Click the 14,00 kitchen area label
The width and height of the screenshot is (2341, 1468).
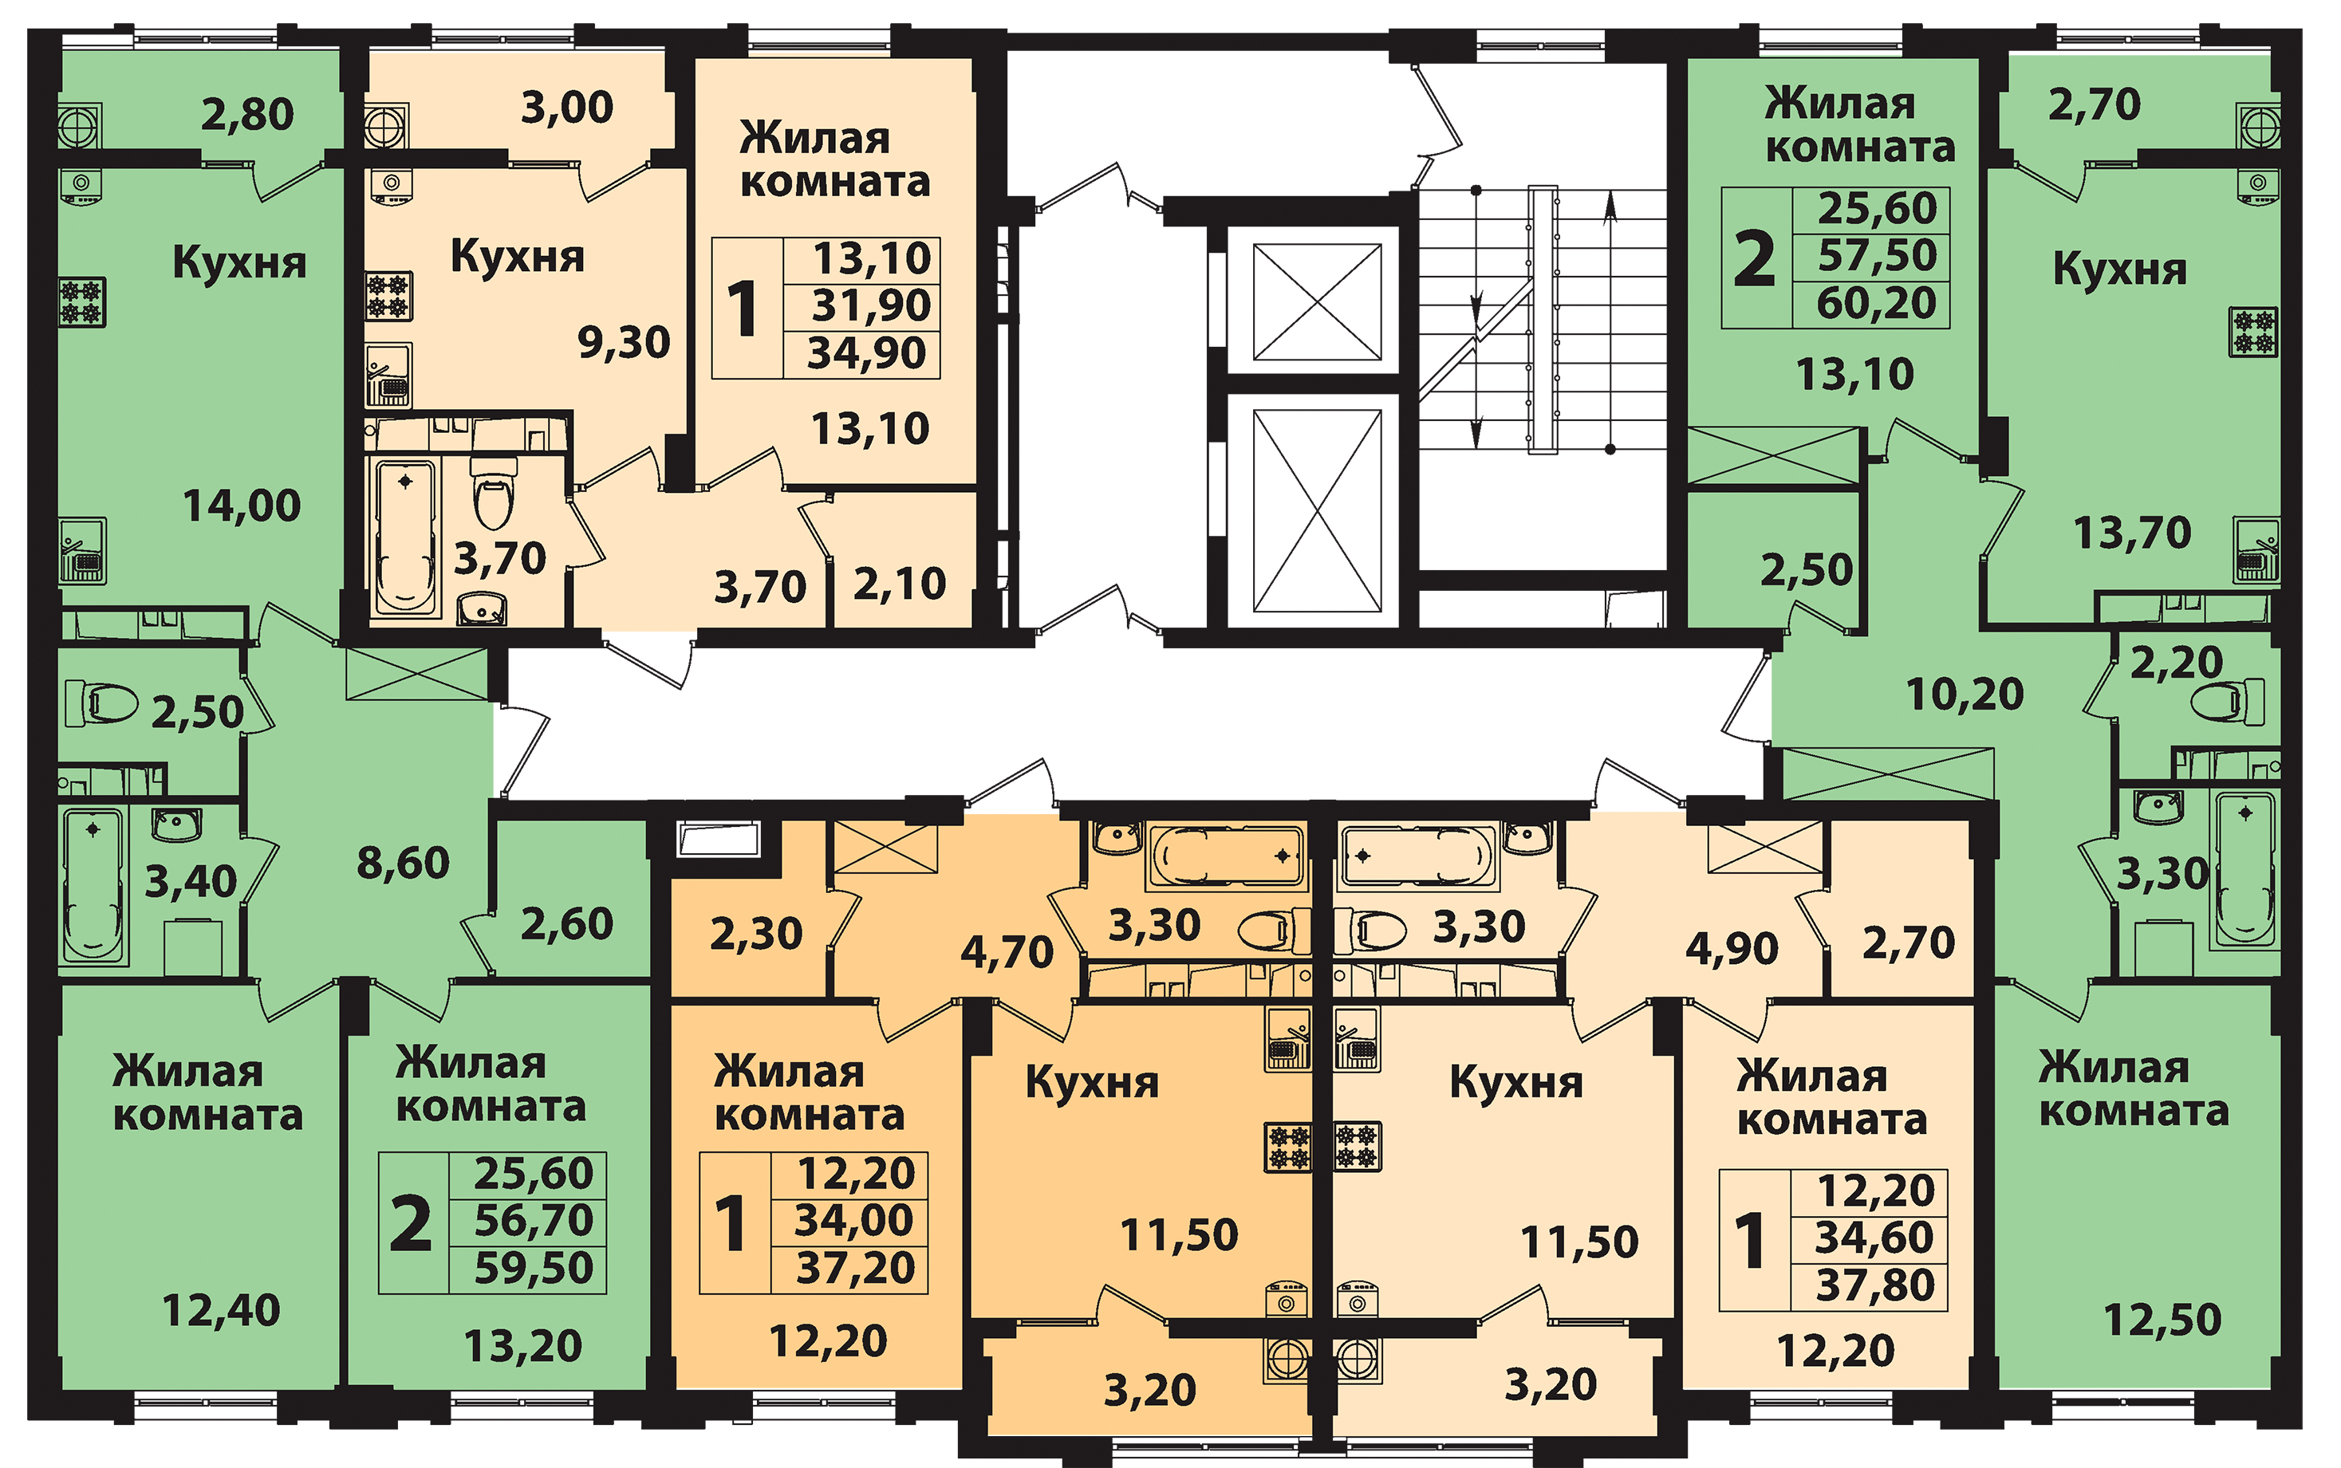pyautogui.click(x=242, y=506)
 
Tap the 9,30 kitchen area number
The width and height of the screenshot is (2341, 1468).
pyautogui.click(x=624, y=343)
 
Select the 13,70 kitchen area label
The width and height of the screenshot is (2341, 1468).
pyautogui.click(x=2132, y=533)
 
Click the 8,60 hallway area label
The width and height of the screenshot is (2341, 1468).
pyautogui.click(x=403, y=862)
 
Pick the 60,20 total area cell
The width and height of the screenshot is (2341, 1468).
pyautogui.click(x=1876, y=304)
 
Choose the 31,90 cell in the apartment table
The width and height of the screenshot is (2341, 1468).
pyautogui.click(x=871, y=305)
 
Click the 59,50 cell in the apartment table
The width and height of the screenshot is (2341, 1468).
pyautogui.click(x=533, y=1268)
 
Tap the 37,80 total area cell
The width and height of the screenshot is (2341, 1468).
pyautogui.click(x=1875, y=1285)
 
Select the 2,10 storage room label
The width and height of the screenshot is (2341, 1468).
pyautogui.click(x=899, y=584)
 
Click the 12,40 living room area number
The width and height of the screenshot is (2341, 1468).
pyautogui.click(x=220, y=1311)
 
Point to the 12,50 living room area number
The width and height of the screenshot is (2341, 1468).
pyautogui.click(x=2162, y=1320)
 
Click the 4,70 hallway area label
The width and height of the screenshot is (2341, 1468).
pyautogui.click(x=1006, y=952)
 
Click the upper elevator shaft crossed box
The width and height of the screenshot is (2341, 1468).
pyautogui.click(x=1317, y=302)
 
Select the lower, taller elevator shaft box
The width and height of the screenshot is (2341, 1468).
pyautogui.click(x=1317, y=510)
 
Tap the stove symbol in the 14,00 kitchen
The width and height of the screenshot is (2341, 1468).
pyautogui.click(x=82, y=302)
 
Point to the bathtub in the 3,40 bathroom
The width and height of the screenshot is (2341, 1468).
pyautogui.click(x=93, y=884)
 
